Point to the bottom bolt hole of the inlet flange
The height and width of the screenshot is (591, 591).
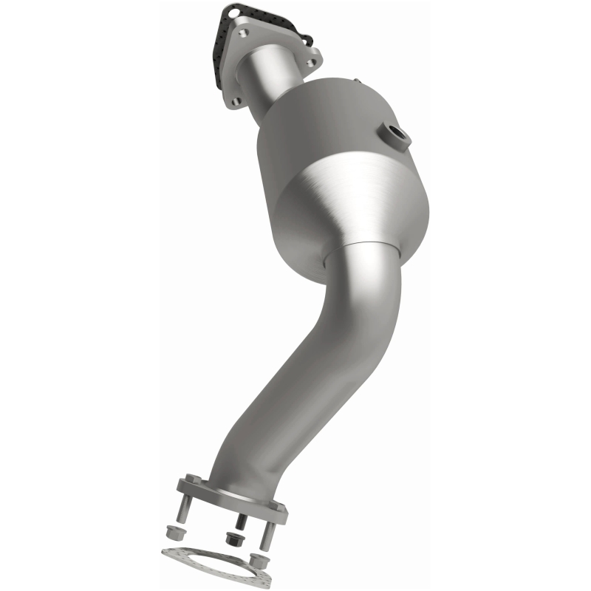(235, 102)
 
